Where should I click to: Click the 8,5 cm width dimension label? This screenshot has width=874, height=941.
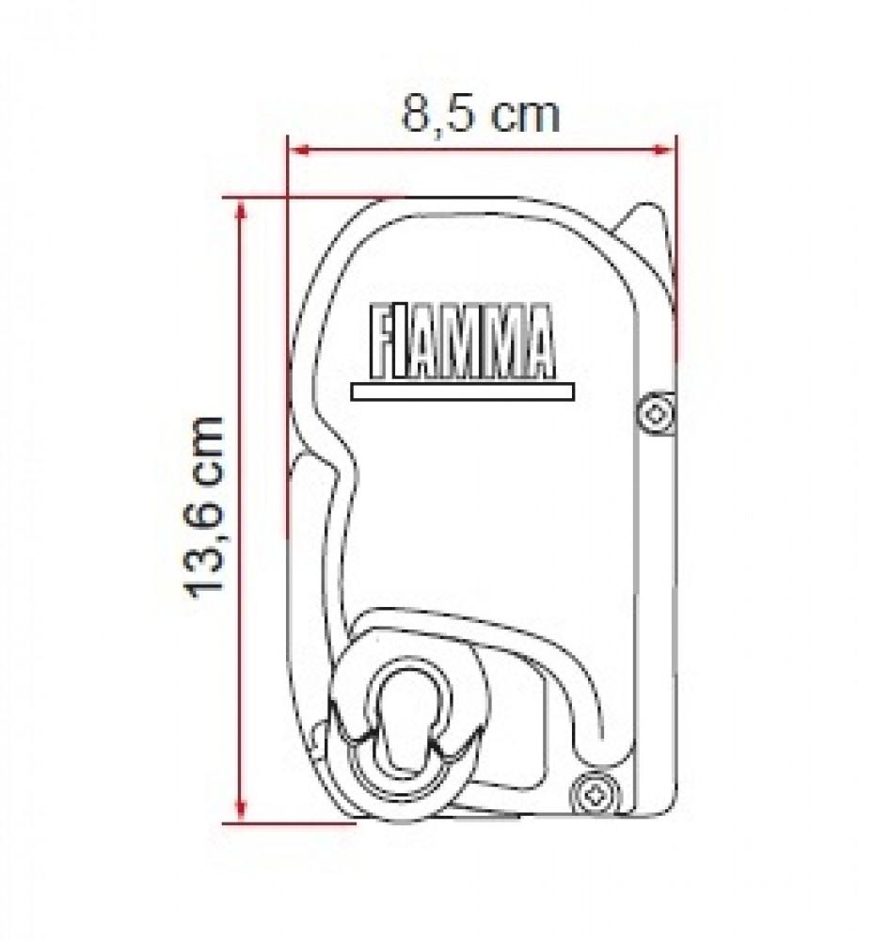[x=481, y=115]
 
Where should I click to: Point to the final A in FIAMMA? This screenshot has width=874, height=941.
[x=539, y=340]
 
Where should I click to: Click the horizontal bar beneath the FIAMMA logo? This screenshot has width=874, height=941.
[x=461, y=391]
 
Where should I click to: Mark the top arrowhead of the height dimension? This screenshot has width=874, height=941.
[x=242, y=207]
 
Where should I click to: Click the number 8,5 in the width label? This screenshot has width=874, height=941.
[x=438, y=115]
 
